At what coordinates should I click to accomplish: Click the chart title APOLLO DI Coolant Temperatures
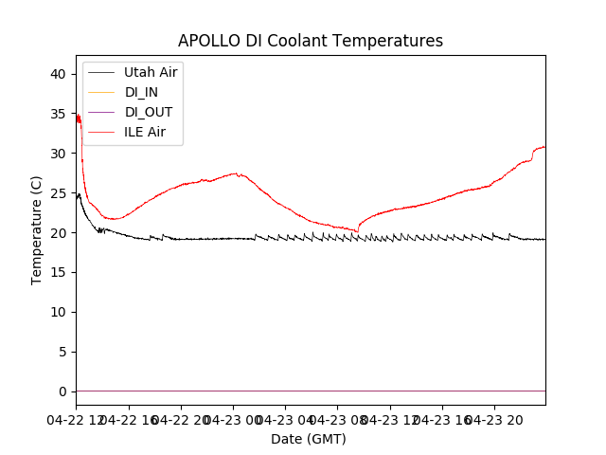(311, 41)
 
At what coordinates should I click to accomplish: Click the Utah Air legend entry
(151, 72)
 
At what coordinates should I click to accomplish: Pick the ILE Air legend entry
(145, 132)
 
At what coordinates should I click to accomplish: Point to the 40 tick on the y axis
(59, 74)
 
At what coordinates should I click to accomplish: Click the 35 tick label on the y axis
(59, 114)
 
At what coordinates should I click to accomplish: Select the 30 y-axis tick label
(59, 154)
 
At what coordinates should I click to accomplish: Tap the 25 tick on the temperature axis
(59, 193)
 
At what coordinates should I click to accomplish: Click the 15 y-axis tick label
(59, 273)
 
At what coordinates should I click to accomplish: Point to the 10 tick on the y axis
(59, 313)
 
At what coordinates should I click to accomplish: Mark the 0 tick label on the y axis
(62, 391)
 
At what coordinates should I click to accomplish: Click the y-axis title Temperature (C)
(37, 230)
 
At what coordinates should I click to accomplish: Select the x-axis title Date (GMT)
(309, 439)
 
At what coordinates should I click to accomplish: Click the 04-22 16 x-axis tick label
(129, 418)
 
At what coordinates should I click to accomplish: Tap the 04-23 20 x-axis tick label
(493, 418)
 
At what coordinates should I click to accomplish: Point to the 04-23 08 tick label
(337, 418)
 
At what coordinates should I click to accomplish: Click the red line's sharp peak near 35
(78, 116)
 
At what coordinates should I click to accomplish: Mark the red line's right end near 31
(544, 147)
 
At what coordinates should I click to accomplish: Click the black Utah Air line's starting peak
(79, 194)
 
